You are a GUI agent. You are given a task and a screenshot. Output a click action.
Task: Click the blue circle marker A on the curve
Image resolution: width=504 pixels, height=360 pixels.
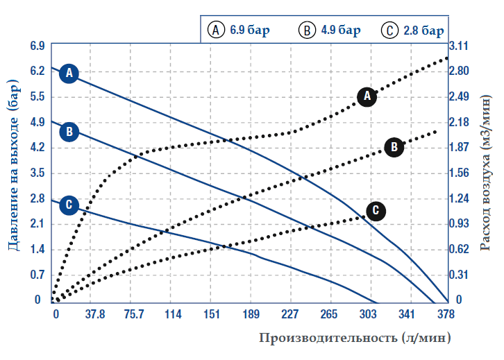[x=69, y=72]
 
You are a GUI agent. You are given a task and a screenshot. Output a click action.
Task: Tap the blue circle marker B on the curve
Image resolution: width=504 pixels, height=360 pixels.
[x=69, y=131]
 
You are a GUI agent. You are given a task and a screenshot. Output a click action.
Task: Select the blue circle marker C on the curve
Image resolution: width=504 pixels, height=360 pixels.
[x=68, y=205]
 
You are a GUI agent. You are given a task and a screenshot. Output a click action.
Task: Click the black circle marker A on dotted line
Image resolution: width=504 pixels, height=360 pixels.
[x=367, y=96]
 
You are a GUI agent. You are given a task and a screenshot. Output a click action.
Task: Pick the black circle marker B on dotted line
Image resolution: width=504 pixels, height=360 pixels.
[x=394, y=146]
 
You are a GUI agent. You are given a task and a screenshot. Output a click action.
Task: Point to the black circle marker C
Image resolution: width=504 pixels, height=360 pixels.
[x=376, y=209]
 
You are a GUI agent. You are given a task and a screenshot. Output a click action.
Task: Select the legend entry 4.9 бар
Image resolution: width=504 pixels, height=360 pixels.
[x=330, y=31]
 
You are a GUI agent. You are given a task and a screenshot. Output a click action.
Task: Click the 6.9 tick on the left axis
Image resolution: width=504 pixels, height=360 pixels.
[x=37, y=46]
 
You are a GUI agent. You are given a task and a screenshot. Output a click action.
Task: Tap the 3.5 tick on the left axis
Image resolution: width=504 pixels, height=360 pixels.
[x=37, y=173]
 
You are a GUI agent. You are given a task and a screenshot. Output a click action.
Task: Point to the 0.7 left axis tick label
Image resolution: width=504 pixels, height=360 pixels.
[x=37, y=275]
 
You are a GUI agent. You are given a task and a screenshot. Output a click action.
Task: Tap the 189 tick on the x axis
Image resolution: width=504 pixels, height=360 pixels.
[x=251, y=314]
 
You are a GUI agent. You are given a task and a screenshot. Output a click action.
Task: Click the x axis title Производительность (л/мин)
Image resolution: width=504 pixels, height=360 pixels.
[x=355, y=338]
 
